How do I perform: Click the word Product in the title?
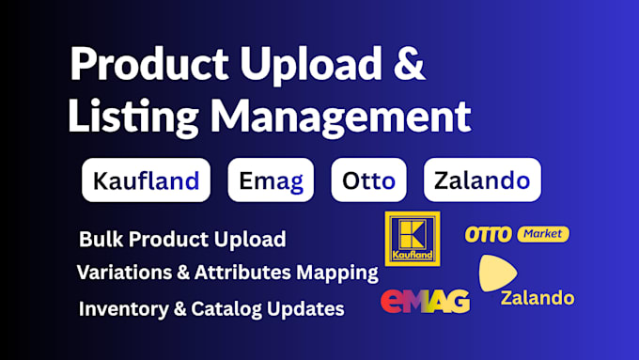tap(149, 63)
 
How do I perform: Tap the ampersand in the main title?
tap(410, 63)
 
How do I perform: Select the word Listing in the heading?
tap(133, 117)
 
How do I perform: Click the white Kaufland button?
tap(146, 180)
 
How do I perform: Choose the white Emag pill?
tap(271, 180)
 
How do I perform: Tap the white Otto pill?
tap(368, 180)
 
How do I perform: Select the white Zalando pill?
tap(482, 180)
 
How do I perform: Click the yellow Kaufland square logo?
tap(413, 239)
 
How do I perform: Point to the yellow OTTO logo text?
tap(489, 234)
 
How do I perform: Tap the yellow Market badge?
tap(543, 234)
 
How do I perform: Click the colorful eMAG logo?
tap(425, 301)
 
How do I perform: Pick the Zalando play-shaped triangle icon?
tap(496, 273)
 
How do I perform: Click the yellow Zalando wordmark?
tap(538, 298)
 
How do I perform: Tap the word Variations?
tap(124, 272)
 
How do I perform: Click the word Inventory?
tap(124, 309)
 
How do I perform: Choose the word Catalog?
tap(226, 309)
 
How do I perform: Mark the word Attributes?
tap(242, 272)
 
